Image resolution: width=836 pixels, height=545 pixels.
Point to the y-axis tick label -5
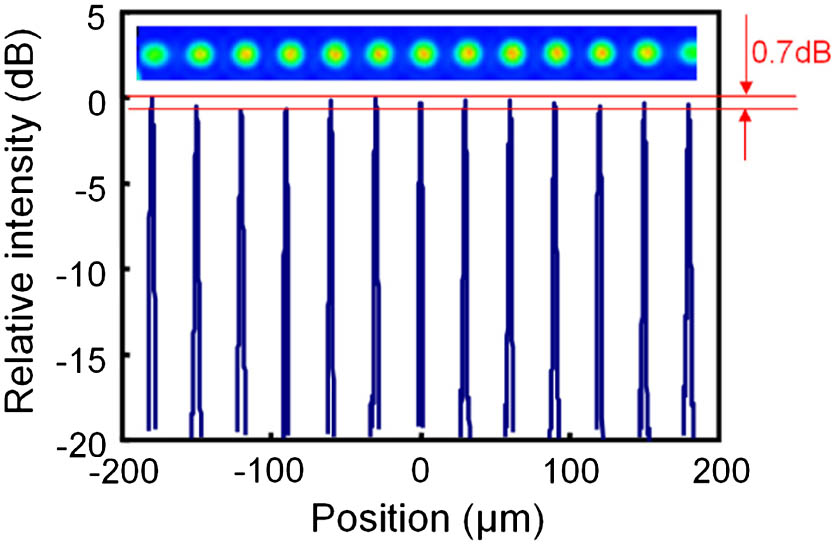point(89,184)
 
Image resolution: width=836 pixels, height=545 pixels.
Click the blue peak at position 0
point(421,260)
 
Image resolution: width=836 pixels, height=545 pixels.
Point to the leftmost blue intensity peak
point(151,260)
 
